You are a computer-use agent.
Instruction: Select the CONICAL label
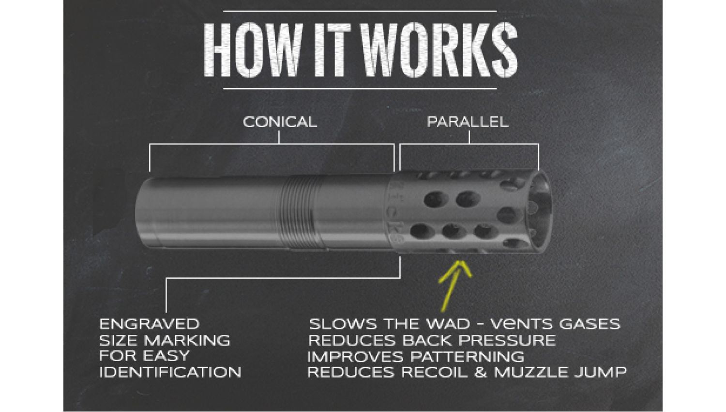pos(280,122)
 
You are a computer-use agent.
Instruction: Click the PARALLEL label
pos(468,122)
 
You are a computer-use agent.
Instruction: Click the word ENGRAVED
pos(149,324)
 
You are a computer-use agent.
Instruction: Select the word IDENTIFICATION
pos(170,372)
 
